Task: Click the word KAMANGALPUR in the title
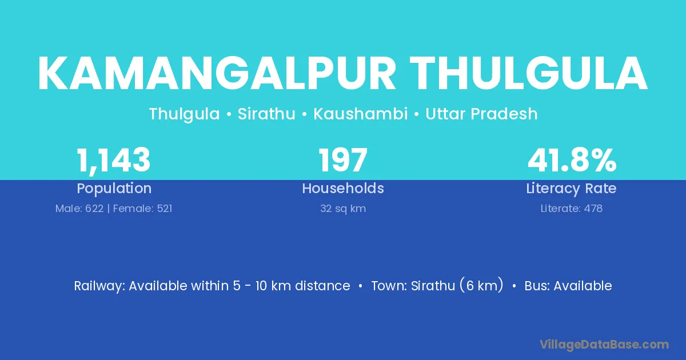click(217, 74)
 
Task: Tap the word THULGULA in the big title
click(529, 74)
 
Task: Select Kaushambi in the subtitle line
click(361, 114)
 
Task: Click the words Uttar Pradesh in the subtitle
click(481, 114)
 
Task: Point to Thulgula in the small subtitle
click(184, 114)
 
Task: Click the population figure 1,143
click(114, 161)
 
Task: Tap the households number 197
click(343, 160)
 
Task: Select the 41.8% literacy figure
click(572, 160)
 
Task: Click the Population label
click(114, 188)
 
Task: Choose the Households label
click(343, 188)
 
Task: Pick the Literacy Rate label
click(572, 189)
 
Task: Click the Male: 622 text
click(79, 209)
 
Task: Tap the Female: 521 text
click(143, 209)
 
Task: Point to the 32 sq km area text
click(343, 209)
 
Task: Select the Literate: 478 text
click(572, 209)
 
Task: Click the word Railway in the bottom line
click(99, 286)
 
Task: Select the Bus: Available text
click(568, 286)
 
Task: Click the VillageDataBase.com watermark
click(604, 345)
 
